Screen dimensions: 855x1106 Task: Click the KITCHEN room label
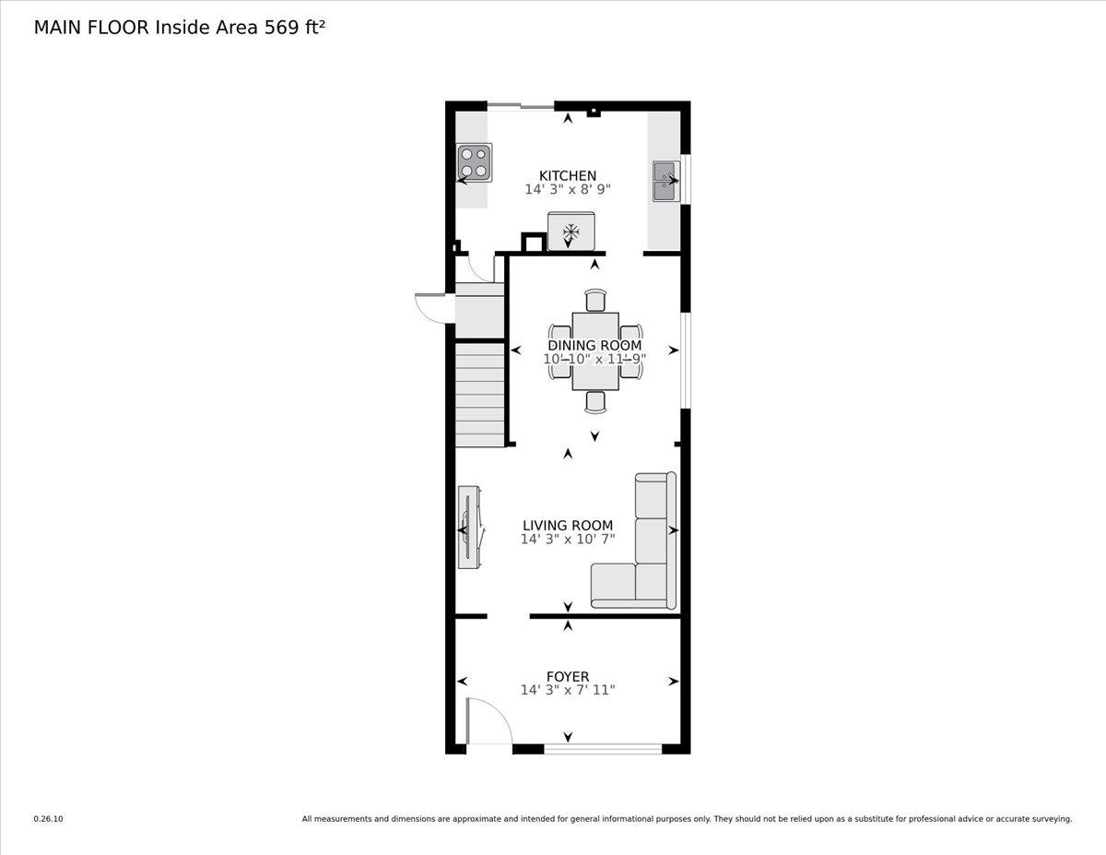567,175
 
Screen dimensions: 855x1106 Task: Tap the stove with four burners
475,162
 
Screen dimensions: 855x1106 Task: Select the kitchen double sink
665,181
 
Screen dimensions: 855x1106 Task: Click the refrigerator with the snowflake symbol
571,231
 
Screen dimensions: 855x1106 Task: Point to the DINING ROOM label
594,346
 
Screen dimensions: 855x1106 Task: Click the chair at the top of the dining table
595,301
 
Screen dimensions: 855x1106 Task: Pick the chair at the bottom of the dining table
595,401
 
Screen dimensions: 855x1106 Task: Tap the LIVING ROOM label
567,526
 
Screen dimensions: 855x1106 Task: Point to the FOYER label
567,676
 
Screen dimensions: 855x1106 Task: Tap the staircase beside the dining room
479,395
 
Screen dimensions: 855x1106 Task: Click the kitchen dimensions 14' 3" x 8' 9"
568,189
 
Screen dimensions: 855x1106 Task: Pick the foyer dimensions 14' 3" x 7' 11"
567,690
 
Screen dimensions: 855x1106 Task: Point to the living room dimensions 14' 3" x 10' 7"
567,540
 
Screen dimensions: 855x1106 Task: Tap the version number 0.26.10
49,818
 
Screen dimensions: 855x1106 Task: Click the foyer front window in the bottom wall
603,749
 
